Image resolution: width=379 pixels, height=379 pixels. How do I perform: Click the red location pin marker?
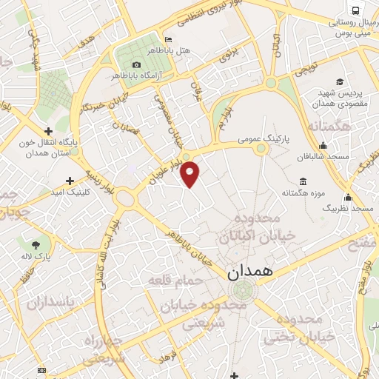(190, 173)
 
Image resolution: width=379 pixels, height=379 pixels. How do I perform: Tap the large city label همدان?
(250, 271)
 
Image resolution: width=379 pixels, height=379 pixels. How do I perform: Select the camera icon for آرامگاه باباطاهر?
(136, 64)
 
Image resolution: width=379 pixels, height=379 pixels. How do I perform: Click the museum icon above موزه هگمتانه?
(302, 181)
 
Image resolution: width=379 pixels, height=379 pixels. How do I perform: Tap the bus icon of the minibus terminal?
(357, 10)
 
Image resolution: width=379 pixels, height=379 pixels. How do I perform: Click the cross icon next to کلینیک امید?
(70, 180)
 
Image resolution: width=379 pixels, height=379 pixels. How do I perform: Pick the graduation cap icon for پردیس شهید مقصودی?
(339, 81)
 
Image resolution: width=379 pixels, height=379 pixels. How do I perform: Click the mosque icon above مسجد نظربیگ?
(348, 197)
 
